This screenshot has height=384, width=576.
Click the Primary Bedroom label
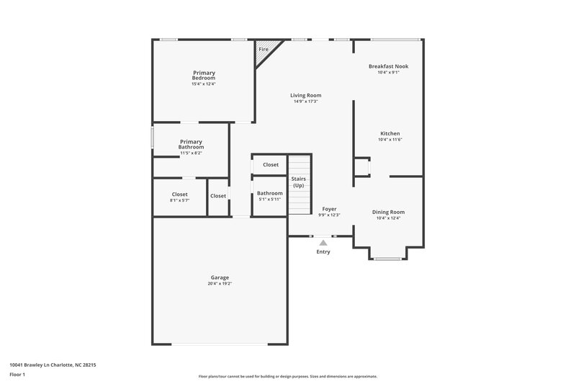[x=204, y=76]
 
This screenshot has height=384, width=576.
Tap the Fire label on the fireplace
[x=264, y=49]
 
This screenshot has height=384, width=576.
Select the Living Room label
[x=306, y=95]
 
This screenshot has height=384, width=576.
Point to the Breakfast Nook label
[x=388, y=66]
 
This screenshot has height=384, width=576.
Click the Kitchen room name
[x=390, y=133]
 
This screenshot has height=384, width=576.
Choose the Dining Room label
[x=388, y=212]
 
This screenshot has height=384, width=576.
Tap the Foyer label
[x=329, y=209]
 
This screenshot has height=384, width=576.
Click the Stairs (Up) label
[x=298, y=182]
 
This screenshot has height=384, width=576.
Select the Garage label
[x=220, y=277]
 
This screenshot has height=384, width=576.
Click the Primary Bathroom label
[x=192, y=144]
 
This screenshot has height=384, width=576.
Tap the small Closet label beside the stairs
[x=271, y=165]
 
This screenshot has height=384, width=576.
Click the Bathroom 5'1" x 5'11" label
[x=270, y=193]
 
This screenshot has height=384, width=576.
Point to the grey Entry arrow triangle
[x=323, y=244]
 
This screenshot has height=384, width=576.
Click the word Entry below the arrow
[x=323, y=252]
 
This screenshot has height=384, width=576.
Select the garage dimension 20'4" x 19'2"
[x=220, y=284]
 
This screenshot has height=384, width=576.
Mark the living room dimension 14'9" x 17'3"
[x=306, y=102]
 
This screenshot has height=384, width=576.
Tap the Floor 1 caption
[x=17, y=375]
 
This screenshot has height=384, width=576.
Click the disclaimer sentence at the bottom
[x=288, y=376]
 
